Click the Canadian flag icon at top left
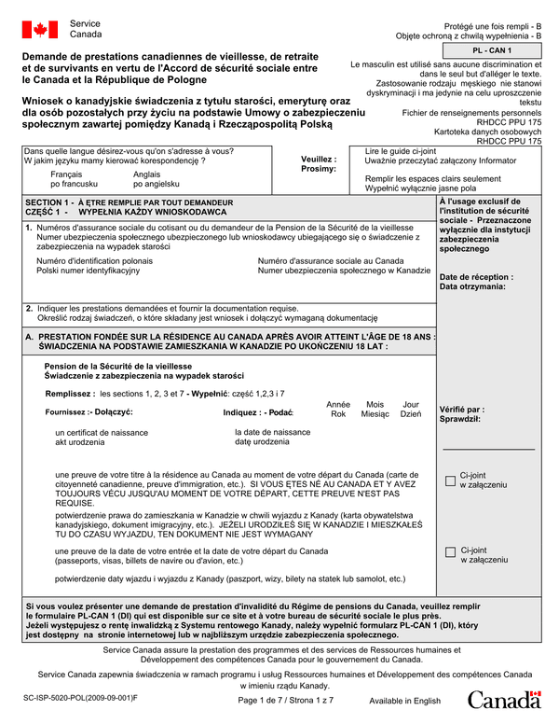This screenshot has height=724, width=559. [40, 30]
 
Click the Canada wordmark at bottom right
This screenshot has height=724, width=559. [503, 700]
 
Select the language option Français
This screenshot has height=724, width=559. [66, 174]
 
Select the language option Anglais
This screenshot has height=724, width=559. [147, 174]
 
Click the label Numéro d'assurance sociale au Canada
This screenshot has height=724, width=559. [330, 261]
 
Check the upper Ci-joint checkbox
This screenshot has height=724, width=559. [451, 481]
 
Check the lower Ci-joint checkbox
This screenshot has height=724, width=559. [451, 553]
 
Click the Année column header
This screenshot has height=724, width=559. [338, 404]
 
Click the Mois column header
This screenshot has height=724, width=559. [375, 404]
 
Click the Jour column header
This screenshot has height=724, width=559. [410, 404]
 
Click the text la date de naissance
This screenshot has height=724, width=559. [273, 432]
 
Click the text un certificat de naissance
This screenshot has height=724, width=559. [102, 433]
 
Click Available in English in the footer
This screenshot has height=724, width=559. [404, 701]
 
